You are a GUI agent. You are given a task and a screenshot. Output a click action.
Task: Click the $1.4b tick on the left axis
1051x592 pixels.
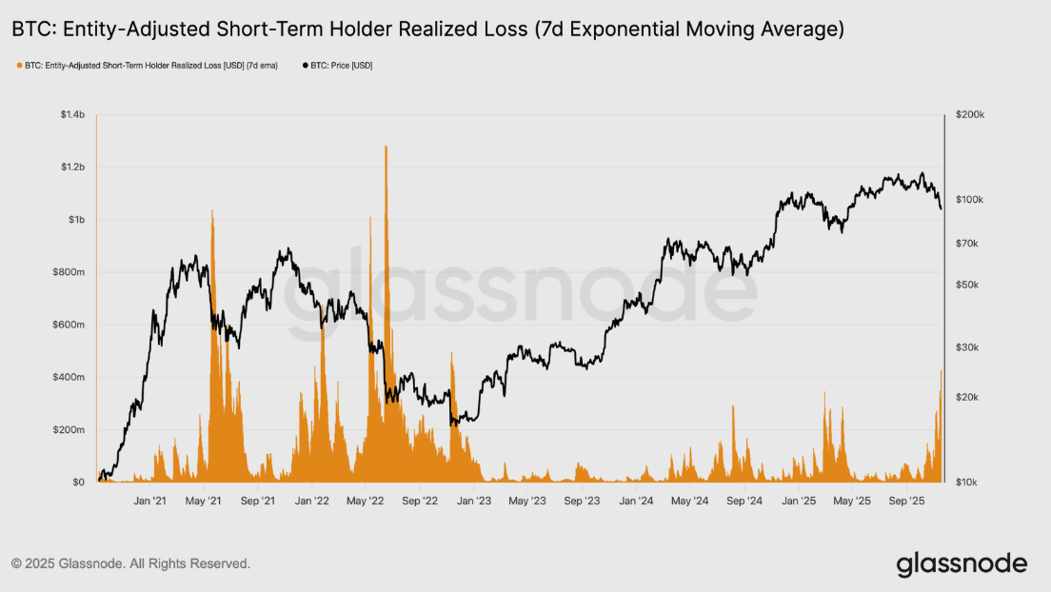pyautogui.click(x=72, y=115)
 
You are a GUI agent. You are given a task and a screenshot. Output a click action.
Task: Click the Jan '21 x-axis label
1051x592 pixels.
pyautogui.click(x=149, y=500)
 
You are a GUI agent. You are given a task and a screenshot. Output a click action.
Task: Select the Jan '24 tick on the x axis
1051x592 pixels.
pyautogui.click(x=637, y=500)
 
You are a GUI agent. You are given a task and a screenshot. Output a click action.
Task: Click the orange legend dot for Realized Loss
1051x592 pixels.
pyautogui.click(x=19, y=66)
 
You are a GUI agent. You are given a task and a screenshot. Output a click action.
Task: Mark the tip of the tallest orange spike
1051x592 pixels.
pyautogui.click(x=386, y=147)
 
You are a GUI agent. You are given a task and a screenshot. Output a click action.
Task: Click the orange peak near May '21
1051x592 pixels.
pyautogui.click(x=211, y=210)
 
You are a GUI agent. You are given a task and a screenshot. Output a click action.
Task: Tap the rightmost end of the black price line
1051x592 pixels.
pyautogui.click(x=941, y=208)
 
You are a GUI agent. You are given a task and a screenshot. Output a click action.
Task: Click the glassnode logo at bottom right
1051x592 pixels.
pyautogui.click(x=962, y=563)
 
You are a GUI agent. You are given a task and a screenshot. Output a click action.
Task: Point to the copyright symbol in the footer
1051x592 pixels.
pyautogui.click(x=16, y=563)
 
